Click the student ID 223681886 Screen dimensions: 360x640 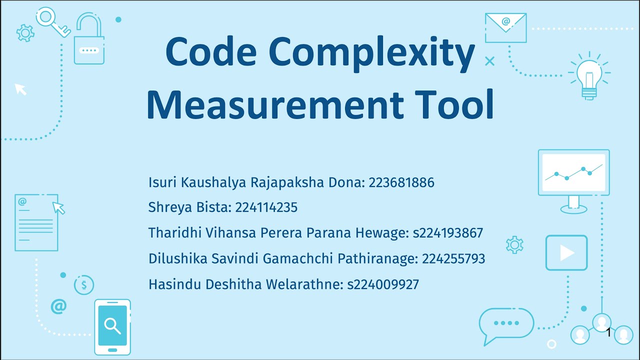(x=401, y=183)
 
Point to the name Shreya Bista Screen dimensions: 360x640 (x=190, y=207)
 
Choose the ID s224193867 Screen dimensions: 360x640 (x=448, y=233)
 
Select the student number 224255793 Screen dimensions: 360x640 (x=453, y=259)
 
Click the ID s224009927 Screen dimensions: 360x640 (x=383, y=285)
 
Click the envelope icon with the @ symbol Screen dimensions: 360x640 (x=505, y=27)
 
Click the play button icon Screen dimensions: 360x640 (x=566, y=253)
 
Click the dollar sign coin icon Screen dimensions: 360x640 (x=84, y=285)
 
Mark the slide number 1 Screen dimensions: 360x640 (x=608, y=332)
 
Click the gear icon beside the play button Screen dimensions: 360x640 (x=514, y=245)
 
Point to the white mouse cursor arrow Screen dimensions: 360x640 (x=20, y=89)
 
